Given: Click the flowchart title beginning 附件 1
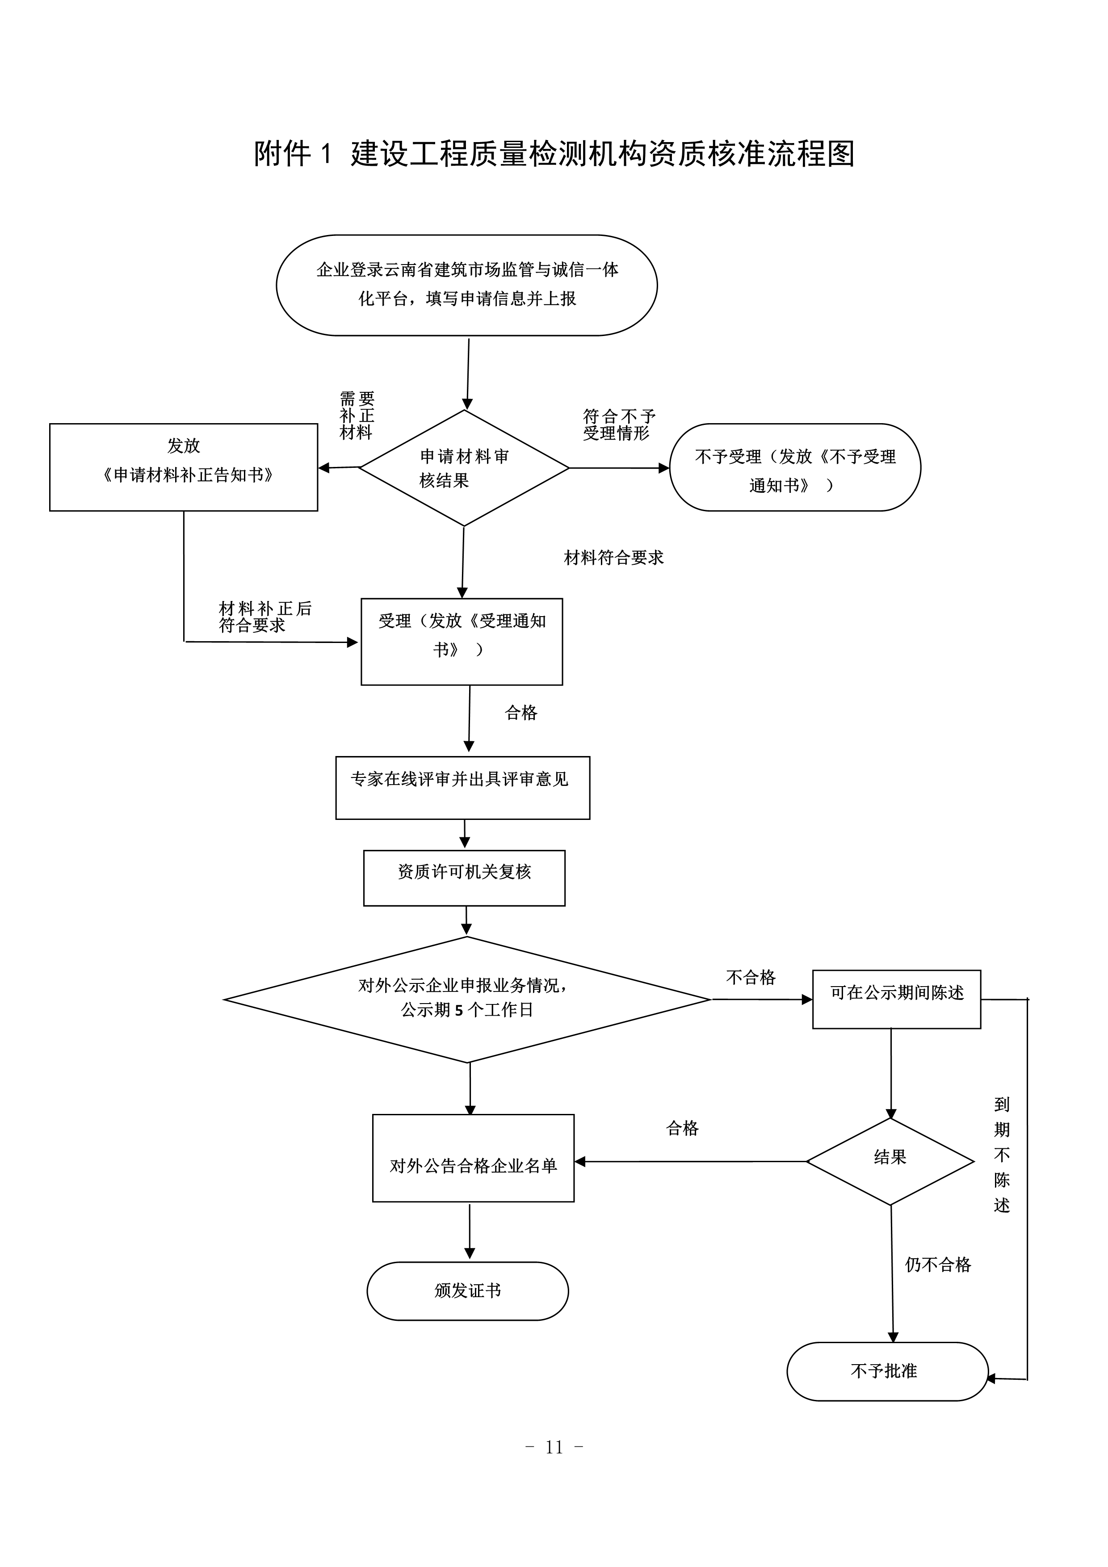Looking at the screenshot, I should coord(554,154).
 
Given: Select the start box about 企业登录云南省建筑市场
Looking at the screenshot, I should coord(467,285).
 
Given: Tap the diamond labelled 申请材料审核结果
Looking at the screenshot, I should coord(464,468).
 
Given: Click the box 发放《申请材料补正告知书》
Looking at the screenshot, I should coord(184,467).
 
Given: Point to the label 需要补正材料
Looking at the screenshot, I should coord(357,415).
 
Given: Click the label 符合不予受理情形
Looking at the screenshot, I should coord(618,424).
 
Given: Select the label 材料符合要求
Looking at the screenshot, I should coord(613,558).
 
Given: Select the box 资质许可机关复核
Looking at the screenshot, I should coord(464,878).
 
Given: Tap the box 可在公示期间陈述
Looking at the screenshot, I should coord(897,999).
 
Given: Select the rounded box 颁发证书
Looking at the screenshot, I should coord(467,1290).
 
